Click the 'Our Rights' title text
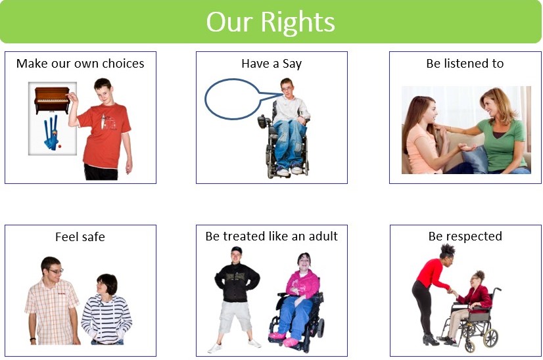coord(270,22)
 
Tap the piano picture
coord(52,100)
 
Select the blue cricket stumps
coord(51,133)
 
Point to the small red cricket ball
coord(60,146)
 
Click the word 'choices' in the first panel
coord(124,63)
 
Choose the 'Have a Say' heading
coord(271,64)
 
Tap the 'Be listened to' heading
coord(465,63)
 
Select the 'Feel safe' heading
coord(80,236)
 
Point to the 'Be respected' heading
coord(465,236)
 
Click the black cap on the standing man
coord(237,249)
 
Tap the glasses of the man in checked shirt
coord(55,271)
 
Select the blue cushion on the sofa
coord(475,159)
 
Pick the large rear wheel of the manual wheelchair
coord(490,338)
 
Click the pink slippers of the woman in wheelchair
coord(284,338)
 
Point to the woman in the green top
coord(502,131)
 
